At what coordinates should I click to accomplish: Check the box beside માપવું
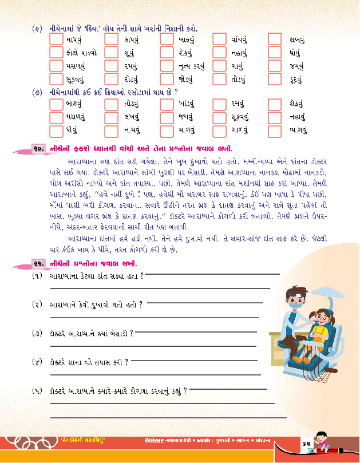pyautogui.click(x=56, y=40)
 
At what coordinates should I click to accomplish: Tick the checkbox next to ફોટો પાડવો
pyautogui.click(x=56, y=53)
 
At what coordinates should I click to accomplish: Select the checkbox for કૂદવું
pyautogui.click(x=275, y=80)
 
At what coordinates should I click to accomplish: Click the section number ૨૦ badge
pyautogui.click(x=38, y=150)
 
